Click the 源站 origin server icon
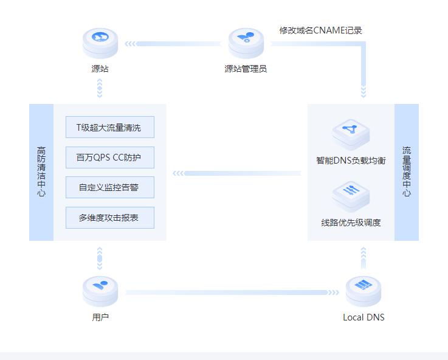[x=100, y=41]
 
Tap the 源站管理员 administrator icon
[x=246, y=41]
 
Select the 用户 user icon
[x=100, y=290]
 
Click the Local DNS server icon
[x=364, y=290]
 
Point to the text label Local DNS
[x=364, y=317]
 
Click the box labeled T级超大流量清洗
[x=109, y=128]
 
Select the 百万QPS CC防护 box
[x=109, y=157]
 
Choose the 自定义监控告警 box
[x=109, y=187]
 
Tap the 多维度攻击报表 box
[x=109, y=217]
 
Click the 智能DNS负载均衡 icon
[x=351, y=133]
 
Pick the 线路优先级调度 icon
[x=351, y=195]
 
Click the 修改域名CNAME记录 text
[x=320, y=30]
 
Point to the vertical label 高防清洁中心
[x=41, y=172]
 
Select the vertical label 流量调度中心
[x=407, y=172]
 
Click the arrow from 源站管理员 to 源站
[x=173, y=44]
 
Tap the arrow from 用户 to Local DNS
[x=231, y=292]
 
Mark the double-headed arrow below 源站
[x=100, y=89]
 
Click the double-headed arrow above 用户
[x=100, y=258]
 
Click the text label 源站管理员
[x=246, y=69]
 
